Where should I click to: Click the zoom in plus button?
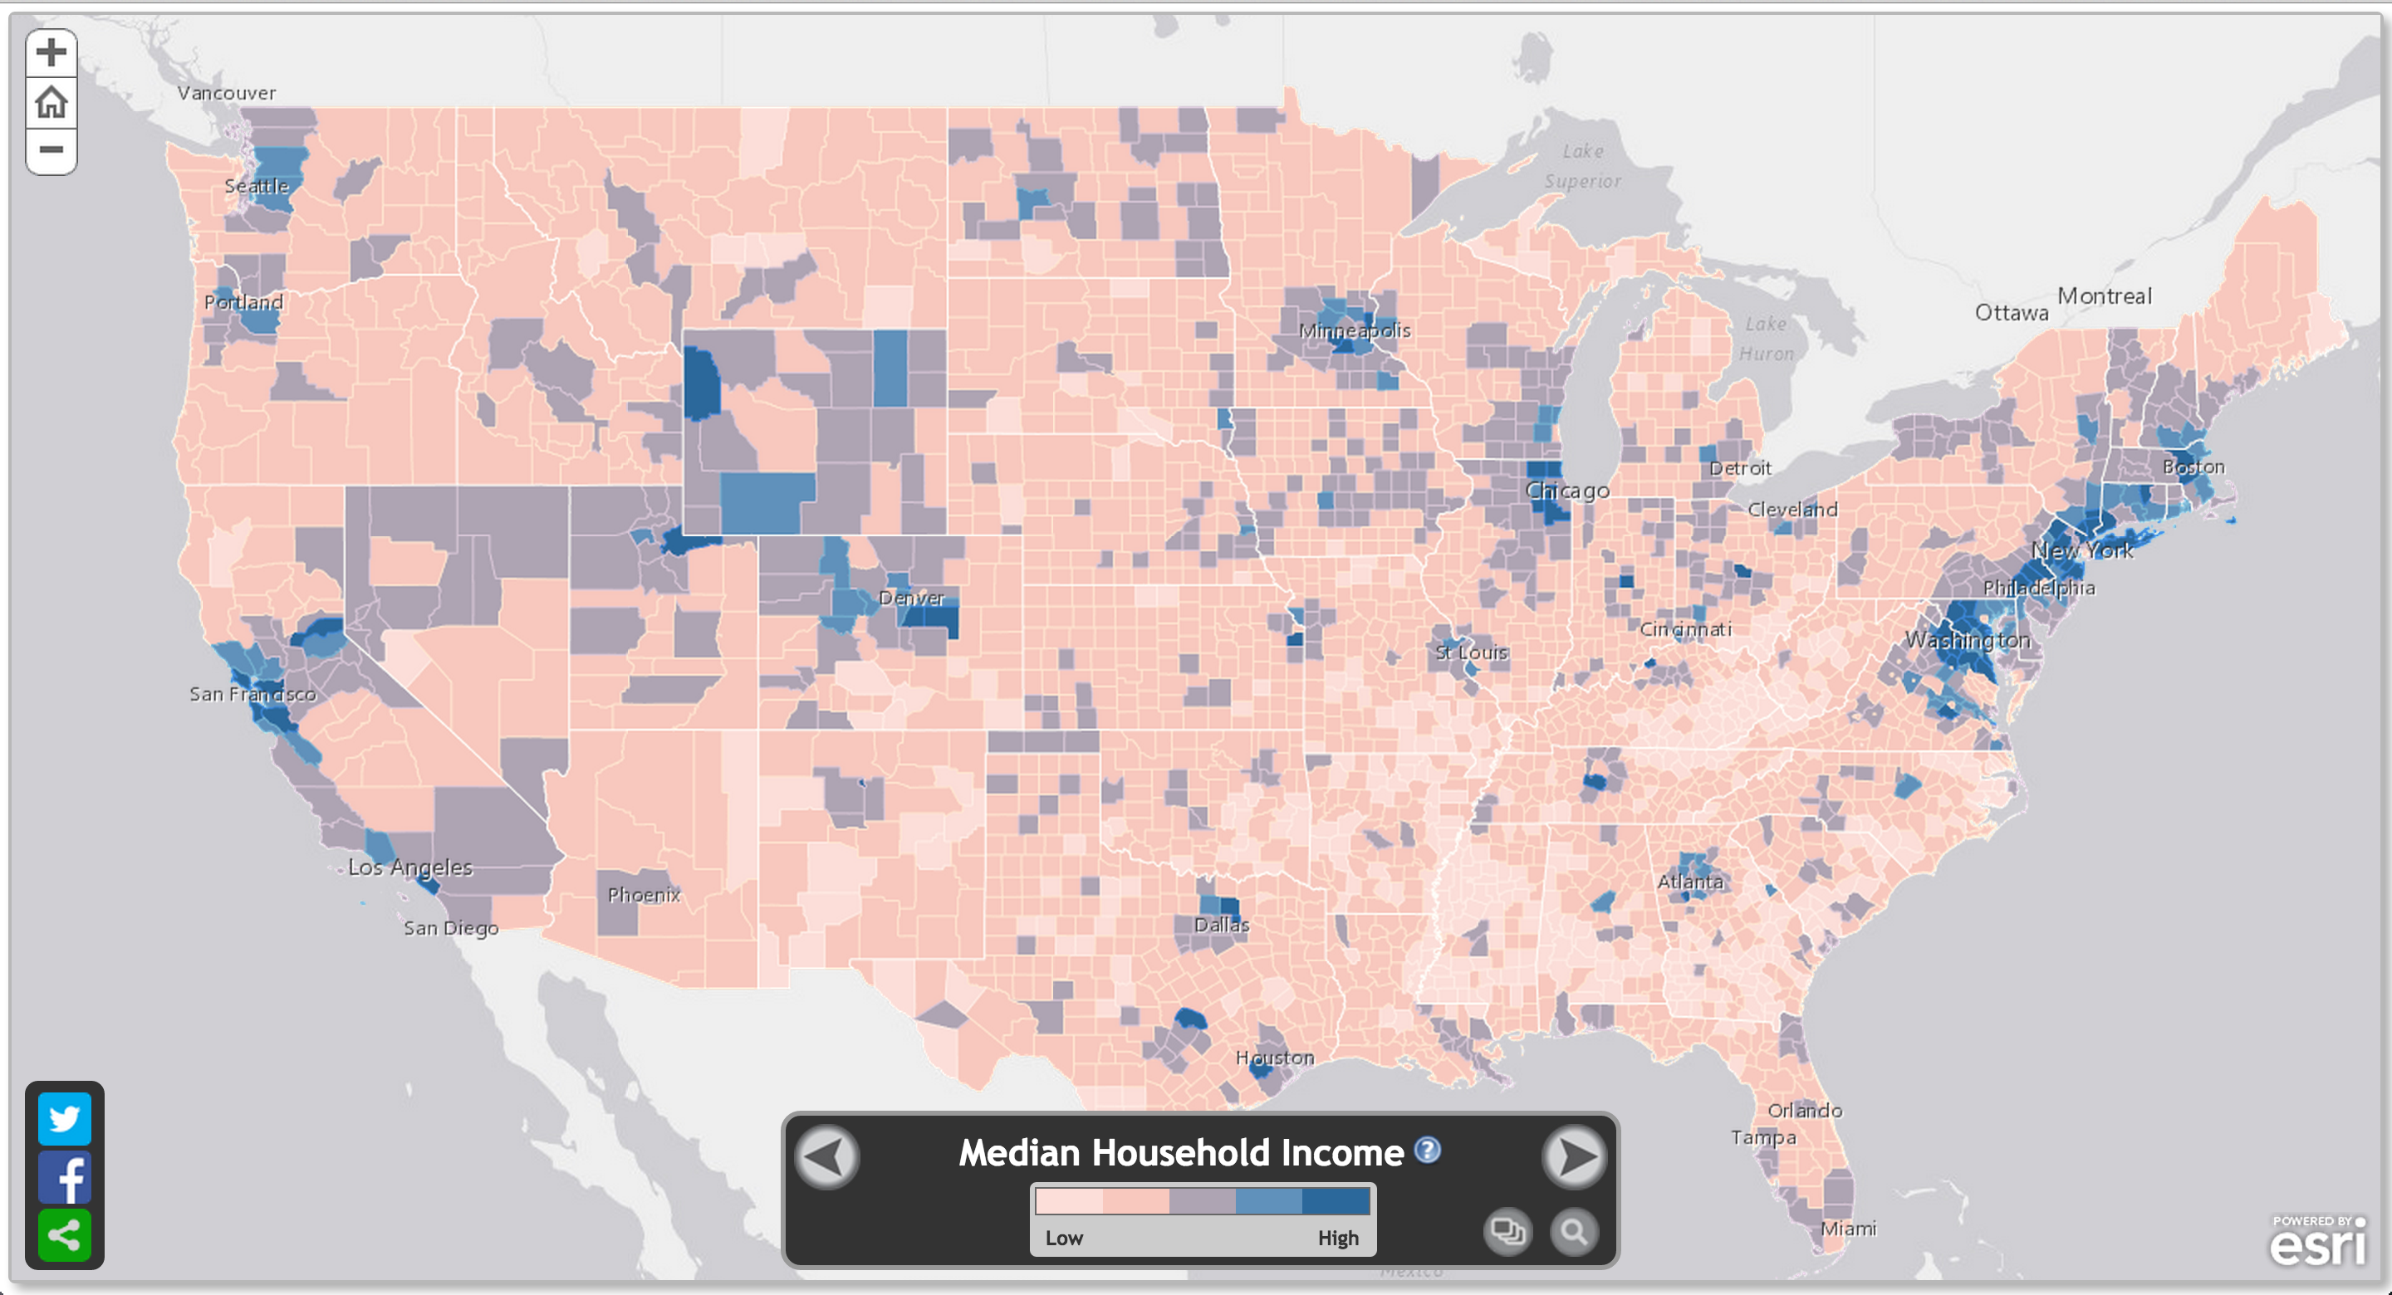coord(51,52)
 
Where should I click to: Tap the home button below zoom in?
coord(51,102)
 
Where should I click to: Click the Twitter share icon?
coord(64,1119)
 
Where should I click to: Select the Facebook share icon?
coord(64,1177)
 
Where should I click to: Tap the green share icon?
coord(64,1234)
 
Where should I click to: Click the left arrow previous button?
coord(826,1157)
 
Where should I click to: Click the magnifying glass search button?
coord(1573,1232)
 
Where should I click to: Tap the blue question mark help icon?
coord(1427,1151)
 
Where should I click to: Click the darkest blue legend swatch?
coord(1336,1201)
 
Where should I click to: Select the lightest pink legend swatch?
coord(1069,1201)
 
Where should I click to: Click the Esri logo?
coord(2318,1241)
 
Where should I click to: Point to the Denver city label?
coord(911,598)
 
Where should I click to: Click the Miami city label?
coord(1848,1228)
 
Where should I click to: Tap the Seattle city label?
coord(257,186)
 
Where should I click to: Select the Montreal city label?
coord(2104,296)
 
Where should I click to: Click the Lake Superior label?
coord(1582,166)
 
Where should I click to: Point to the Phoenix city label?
coord(644,895)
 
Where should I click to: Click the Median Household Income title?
coord(1180,1153)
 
